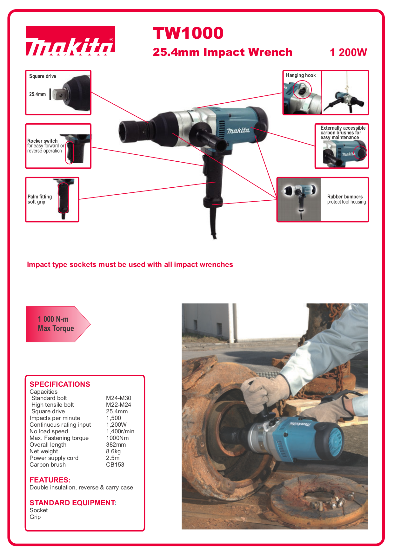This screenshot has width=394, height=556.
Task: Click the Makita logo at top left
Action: pyautogui.click(x=70, y=41)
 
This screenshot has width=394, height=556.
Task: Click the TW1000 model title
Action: pyautogui.click(x=188, y=33)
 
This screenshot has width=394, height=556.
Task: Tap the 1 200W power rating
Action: pyautogui.click(x=348, y=52)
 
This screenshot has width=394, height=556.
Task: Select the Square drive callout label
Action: pyautogui.click(x=43, y=76)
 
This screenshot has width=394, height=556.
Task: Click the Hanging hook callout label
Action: pyautogui.click(x=301, y=75)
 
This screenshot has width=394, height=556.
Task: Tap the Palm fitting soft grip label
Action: pyautogui.click(x=39, y=199)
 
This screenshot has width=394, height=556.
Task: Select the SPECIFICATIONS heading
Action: pyautogui.click(x=60, y=384)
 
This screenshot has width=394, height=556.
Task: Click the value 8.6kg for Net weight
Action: pyautogui.click(x=113, y=451)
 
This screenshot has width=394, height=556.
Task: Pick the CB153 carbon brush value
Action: pyautogui.click(x=115, y=465)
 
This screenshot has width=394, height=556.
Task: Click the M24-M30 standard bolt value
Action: pyautogui.click(x=118, y=398)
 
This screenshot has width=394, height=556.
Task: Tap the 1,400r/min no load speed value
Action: pyautogui.click(x=120, y=431)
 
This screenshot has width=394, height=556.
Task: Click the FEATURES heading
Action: pyautogui.click(x=50, y=480)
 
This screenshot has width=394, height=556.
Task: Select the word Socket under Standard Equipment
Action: pyautogui.click(x=38, y=510)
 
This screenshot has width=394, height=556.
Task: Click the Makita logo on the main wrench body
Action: pyautogui.click(x=238, y=130)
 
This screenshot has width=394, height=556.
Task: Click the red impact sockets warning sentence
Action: pyautogui.click(x=130, y=265)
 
